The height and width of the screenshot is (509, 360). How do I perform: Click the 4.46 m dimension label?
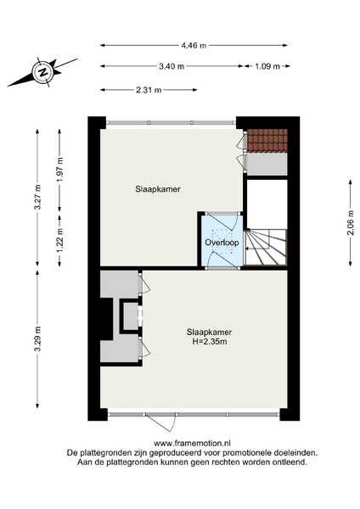[194, 46]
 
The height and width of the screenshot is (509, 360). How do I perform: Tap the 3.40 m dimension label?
[172, 66]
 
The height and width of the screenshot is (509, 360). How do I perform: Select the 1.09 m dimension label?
[267, 66]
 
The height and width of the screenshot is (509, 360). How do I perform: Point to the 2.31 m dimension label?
[149, 90]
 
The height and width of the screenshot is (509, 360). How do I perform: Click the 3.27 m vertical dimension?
[37, 197]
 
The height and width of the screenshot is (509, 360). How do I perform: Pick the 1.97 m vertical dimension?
[59, 170]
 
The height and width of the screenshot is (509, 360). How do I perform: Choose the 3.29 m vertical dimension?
[37, 338]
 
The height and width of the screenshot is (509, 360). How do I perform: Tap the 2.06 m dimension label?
[351, 223]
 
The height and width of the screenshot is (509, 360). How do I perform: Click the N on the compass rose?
[42, 72]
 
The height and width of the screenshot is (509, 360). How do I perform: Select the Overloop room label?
[222, 243]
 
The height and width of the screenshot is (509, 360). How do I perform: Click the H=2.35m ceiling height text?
[210, 342]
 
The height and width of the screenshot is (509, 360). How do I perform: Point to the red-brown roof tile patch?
[267, 140]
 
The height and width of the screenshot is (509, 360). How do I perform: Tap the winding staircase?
[266, 247]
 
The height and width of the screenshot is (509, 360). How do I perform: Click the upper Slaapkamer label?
[158, 189]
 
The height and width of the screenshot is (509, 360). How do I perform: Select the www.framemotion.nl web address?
[192, 443]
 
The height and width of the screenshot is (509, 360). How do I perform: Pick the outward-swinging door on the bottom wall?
[160, 422]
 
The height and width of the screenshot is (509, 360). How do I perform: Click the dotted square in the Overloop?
[222, 241]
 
